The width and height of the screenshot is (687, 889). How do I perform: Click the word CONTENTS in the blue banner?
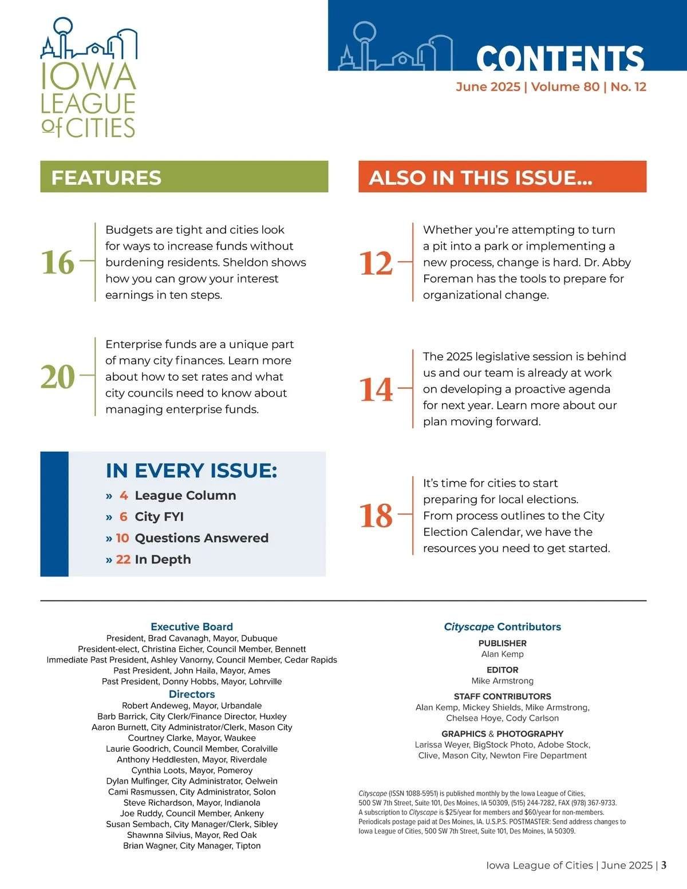559,58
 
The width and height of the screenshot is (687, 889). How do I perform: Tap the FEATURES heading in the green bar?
106,177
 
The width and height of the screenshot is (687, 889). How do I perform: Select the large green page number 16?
58,262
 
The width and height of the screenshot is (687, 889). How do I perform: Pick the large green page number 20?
58,377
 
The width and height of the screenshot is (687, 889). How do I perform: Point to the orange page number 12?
376,263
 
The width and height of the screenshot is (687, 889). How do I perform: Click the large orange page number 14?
376,390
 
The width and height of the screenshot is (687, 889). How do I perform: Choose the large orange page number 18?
376,516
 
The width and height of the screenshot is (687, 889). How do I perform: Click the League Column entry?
185,495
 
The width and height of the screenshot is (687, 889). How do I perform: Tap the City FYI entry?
159,516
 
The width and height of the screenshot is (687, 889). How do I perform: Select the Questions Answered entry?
201,538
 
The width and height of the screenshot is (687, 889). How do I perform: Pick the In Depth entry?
163,559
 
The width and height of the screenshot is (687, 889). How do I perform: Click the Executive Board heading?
192,627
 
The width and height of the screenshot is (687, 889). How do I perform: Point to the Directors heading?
192,694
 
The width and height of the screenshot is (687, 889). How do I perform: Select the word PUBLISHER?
503,643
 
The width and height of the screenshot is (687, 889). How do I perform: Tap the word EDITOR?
503,670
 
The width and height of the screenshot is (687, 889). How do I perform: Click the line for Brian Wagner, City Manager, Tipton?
192,845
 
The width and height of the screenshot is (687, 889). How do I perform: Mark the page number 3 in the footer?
664,865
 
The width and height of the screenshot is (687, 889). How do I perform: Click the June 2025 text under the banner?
488,87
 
